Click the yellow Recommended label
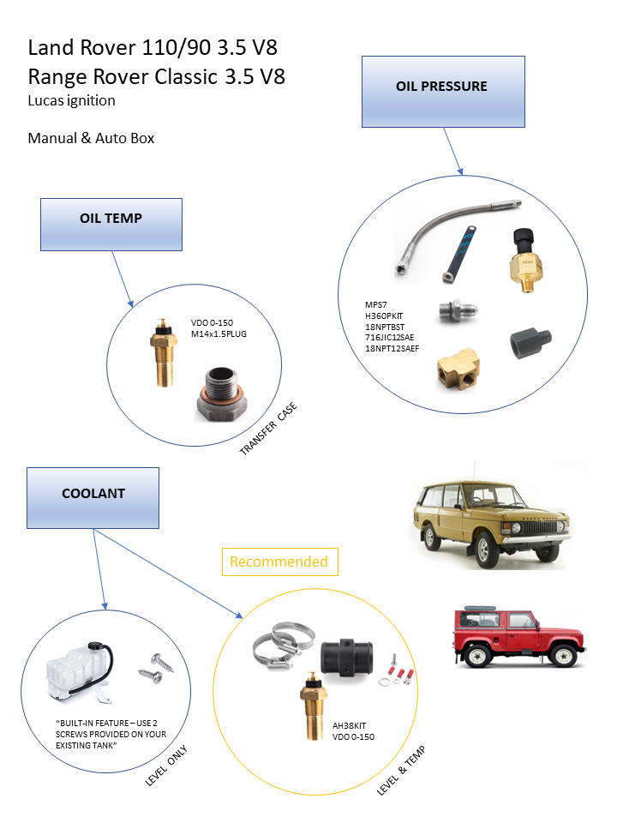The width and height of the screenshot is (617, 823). pyautogui.click(x=279, y=562)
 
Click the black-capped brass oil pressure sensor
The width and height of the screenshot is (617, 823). pyautogui.click(x=524, y=258)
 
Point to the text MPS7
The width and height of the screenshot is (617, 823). pyautogui.click(x=377, y=304)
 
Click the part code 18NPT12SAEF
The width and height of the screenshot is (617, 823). pyautogui.click(x=392, y=348)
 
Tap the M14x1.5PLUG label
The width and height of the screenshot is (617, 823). pyautogui.click(x=219, y=333)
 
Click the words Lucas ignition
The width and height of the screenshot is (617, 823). pyautogui.click(x=72, y=100)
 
